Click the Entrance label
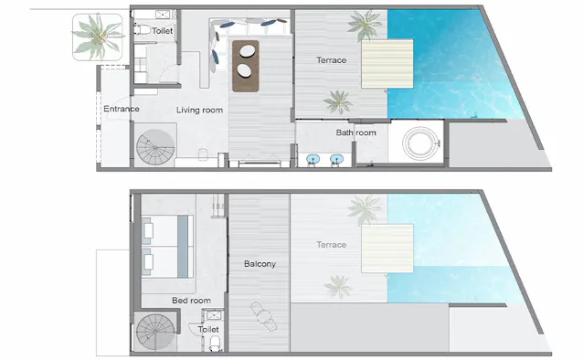point(122,109)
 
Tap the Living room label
point(199,110)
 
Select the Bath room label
point(355,132)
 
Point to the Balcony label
point(260,264)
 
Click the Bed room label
point(191,300)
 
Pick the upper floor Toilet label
point(162,31)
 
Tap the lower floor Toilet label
point(208,329)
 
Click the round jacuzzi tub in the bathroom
point(421,143)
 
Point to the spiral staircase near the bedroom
point(155,332)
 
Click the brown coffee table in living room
point(246,66)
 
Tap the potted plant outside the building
point(98,37)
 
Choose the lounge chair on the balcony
point(263,316)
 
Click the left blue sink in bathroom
point(313,160)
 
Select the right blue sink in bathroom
point(336,160)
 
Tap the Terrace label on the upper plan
point(332,60)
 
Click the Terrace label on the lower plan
point(332,245)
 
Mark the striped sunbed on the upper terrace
point(387,64)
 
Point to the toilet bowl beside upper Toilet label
point(142,29)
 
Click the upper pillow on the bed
point(148,230)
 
